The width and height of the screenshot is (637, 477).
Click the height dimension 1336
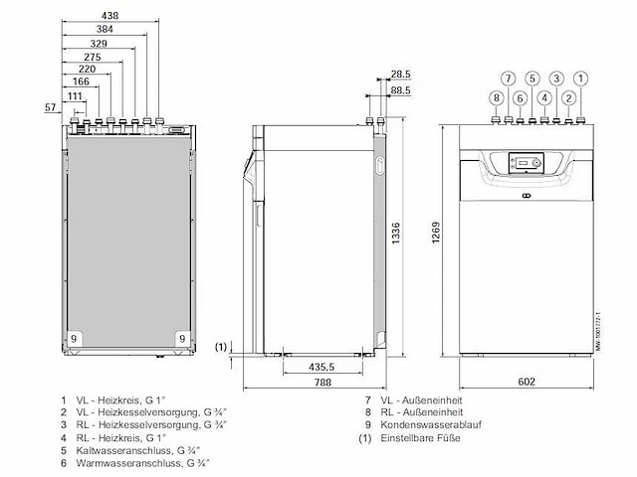pyautogui.click(x=397, y=236)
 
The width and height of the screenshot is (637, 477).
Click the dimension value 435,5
pyautogui.click(x=318, y=367)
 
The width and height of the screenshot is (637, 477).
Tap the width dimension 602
pyautogui.click(x=527, y=380)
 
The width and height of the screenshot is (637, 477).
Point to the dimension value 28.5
pyautogui.click(x=400, y=75)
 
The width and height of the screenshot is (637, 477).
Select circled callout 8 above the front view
pyautogui.click(x=495, y=97)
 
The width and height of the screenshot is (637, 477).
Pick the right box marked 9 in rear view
pyautogui.click(x=182, y=339)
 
